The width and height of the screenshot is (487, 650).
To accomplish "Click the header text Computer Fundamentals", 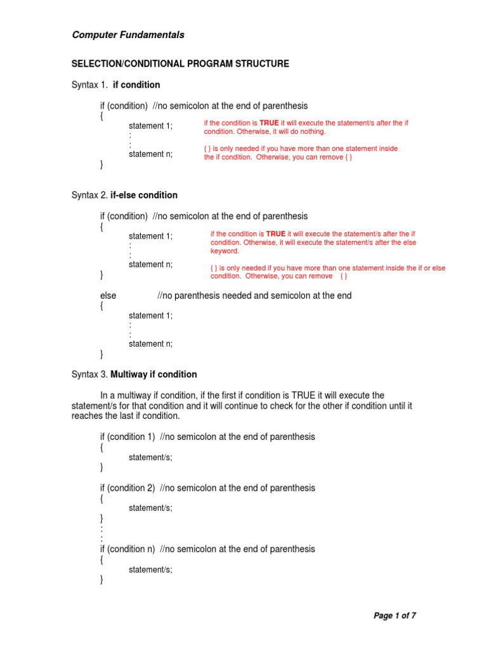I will pos(128,35).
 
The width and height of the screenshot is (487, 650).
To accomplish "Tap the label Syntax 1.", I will pos(89,85).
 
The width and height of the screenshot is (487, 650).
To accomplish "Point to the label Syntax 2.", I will pos(89,196).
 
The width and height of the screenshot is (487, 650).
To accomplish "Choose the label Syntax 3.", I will pos(89,375).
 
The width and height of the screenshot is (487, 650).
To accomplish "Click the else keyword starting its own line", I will pos(108,296).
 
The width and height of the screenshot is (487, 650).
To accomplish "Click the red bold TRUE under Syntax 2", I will pos(276,234).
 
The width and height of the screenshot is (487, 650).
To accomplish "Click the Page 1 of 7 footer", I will pos(394,615).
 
